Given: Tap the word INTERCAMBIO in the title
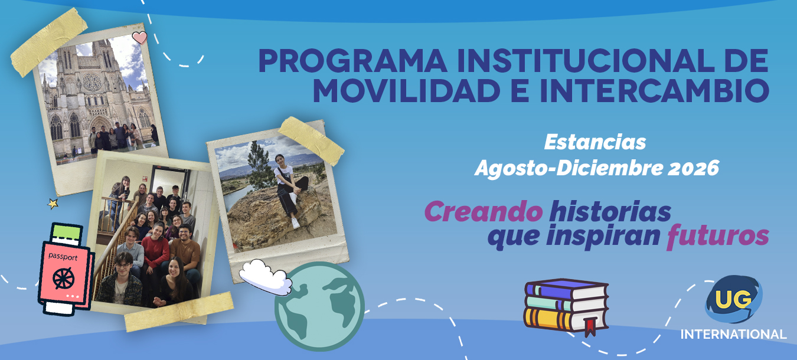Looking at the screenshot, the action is [x=655, y=90].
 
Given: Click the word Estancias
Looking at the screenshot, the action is [x=595, y=142].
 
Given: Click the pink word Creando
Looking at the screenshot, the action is [x=484, y=211].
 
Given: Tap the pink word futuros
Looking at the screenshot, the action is [x=718, y=235].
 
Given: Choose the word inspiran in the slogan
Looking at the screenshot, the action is [x=603, y=236].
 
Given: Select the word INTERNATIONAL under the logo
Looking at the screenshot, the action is [x=733, y=335].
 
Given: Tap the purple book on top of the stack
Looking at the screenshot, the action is [x=566, y=289].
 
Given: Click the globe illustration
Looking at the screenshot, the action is [x=319, y=307].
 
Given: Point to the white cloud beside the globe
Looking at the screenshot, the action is [x=265, y=277].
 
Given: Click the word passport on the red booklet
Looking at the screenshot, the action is [x=63, y=257].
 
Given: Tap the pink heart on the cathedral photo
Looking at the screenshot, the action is [x=139, y=37].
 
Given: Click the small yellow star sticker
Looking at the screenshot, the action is [x=53, y=204].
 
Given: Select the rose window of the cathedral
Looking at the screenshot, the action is [x=92, y=81].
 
